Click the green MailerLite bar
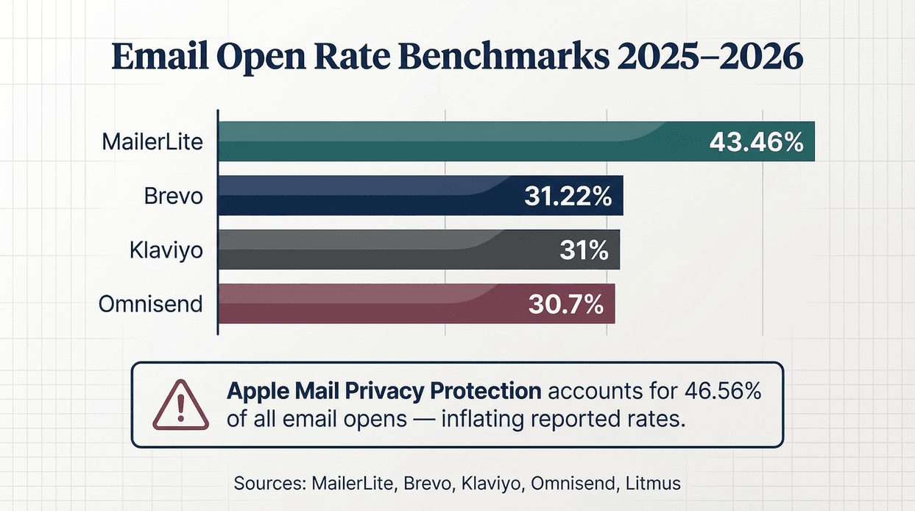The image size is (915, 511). [x=456, y=141]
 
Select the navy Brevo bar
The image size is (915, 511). [x=368, y=195]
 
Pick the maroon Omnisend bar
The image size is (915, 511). [x=368, y=303]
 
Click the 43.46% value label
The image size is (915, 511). [x=756, y=142]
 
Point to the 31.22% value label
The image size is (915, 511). [x=568, y=196]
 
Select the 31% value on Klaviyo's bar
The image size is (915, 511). [x=583, y=250]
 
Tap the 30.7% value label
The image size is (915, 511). [x=565, y=304]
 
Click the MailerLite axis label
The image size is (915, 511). [x=152, y=141]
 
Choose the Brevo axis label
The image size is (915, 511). [x=173, y=196]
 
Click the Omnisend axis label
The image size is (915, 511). [x=151, y=304]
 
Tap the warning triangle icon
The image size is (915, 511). [x=175, y=406]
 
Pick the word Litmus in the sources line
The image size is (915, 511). [x=654, y=484]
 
